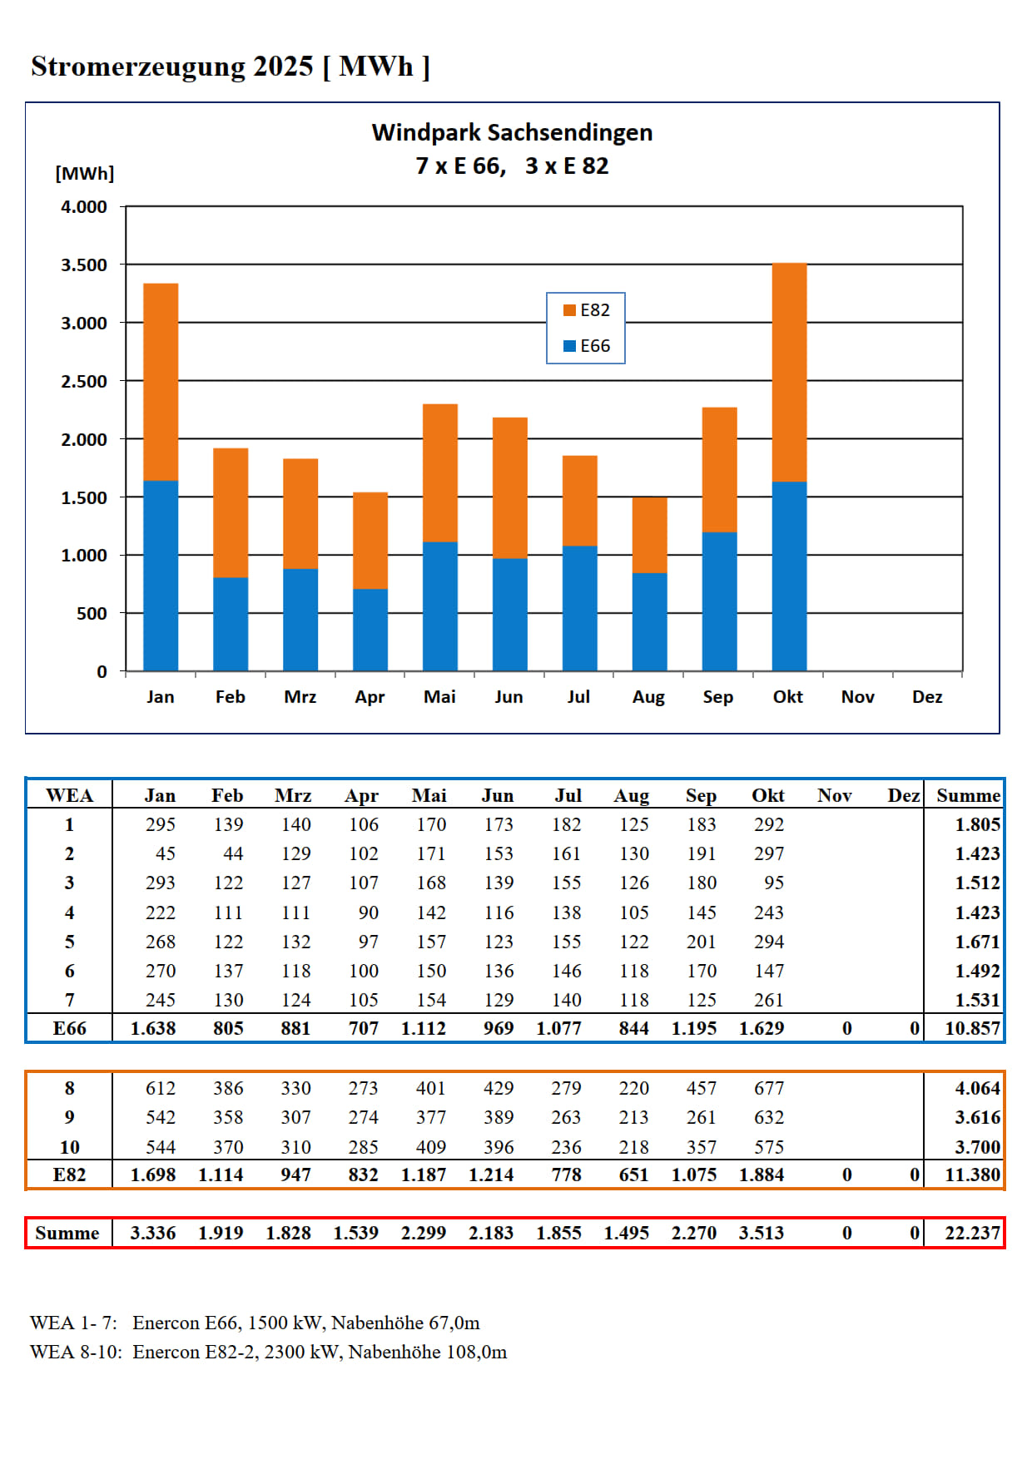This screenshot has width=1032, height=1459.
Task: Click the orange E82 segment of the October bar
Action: pyautogui.click(x=789, y=372)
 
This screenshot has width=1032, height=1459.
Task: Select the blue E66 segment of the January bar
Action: pyautogui.click(x=161, y=576)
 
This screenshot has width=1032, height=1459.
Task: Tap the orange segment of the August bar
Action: pyautogui.click(x=649, y=535)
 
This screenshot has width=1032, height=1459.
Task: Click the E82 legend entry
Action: pyautogui.click(x=587, y=310)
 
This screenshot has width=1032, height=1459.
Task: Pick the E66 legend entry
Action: pyautogui.click(x=587, y=346)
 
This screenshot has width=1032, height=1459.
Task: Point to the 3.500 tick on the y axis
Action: pyautogui.click(x=84, y=265)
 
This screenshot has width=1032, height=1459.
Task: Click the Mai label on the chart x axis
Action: pyautogui.click(x=439, y=697)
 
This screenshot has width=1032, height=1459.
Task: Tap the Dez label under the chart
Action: pyautogui.click(x=927, y=697)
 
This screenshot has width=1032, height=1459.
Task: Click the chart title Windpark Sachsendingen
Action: pyautogui.click(x=512, y=133)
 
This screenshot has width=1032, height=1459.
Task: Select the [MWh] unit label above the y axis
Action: pyautogui.click(x=85, y=173)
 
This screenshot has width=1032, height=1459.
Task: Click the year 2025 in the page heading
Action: pyautogui.click(x=283, y=67)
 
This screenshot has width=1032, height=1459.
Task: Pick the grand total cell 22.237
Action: pyautogui.click(x=972, y=1233)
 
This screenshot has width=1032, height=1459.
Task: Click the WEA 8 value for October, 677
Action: pyautogui.click(x=769, y=1088)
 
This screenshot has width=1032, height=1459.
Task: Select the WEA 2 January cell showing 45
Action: pyautogui.click(x=165, y=854)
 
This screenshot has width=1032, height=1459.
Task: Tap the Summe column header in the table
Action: pyautogui.click(x=968, y=796)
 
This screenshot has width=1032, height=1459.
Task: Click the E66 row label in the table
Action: pyautogui.click(x=70, y=1029)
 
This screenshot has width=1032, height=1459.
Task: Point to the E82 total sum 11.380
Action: pyautogui.click(x=972, y=1175)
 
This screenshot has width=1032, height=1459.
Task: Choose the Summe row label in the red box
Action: pyautogui.click(x=67, y=1233)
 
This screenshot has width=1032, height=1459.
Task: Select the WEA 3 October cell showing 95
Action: pyautogui.click(x=774, y=883)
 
